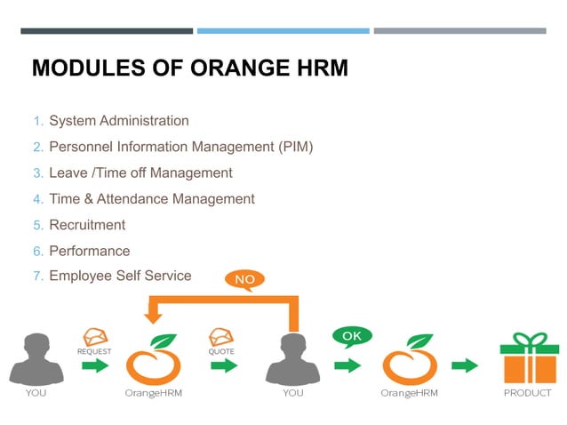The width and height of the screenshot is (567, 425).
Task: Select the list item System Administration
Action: click(118, 121)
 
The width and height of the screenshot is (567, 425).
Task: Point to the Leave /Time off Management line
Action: click(140, 172)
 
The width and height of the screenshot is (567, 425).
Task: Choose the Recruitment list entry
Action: click(87, 225)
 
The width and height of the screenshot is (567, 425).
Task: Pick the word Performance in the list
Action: click(89, 251)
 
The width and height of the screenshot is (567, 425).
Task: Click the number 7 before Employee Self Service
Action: click(37, 277)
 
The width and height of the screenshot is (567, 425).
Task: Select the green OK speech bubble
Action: click(352, 337)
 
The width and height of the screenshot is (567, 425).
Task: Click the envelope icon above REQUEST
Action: click(95, 337)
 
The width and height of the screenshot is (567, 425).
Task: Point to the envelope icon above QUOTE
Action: click(220, 337)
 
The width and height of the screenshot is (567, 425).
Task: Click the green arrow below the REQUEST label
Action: click(95, 365)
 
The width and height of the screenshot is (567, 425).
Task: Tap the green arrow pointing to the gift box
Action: click(465, 365)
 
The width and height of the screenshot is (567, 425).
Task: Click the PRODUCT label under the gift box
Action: click(527, 393)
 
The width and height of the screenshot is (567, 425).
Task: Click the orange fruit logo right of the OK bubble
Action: click(410, 358)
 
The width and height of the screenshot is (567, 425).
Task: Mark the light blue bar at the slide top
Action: click(283, 31)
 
